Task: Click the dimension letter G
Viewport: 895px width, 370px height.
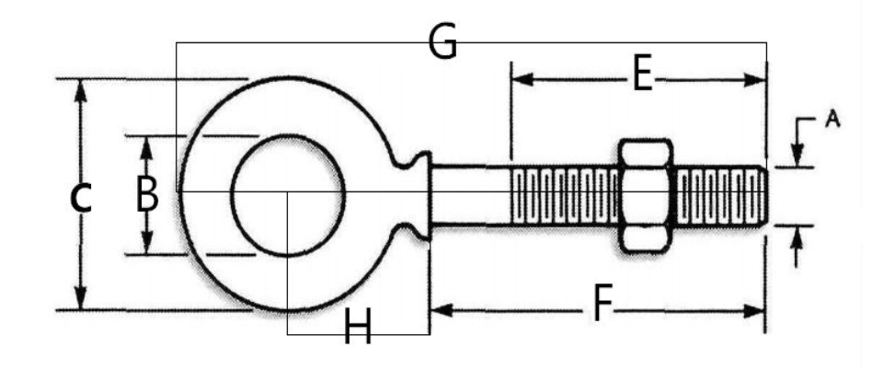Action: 443,41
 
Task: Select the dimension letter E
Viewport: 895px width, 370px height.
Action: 642,75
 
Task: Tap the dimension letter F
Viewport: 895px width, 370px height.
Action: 601,305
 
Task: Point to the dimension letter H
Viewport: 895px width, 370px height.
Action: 357,326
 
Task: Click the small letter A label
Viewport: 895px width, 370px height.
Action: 832,120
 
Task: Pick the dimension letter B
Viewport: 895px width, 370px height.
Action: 146,194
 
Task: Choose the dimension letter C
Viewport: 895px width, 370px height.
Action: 80,198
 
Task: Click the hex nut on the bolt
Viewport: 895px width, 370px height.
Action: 646,195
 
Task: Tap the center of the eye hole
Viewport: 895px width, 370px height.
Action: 288,195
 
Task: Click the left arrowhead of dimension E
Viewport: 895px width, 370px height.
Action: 522,80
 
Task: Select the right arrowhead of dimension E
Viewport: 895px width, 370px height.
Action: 754,80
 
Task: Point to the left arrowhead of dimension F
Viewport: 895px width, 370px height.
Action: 442,310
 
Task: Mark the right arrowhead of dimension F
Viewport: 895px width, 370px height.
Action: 753,311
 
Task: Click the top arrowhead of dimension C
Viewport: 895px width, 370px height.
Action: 80,90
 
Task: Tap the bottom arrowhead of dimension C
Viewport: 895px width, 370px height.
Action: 80,298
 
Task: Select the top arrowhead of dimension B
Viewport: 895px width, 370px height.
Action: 146,147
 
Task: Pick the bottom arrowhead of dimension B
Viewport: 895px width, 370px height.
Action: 146,243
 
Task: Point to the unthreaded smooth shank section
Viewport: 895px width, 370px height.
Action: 470,195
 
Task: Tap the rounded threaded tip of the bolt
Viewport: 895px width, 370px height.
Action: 763,196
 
